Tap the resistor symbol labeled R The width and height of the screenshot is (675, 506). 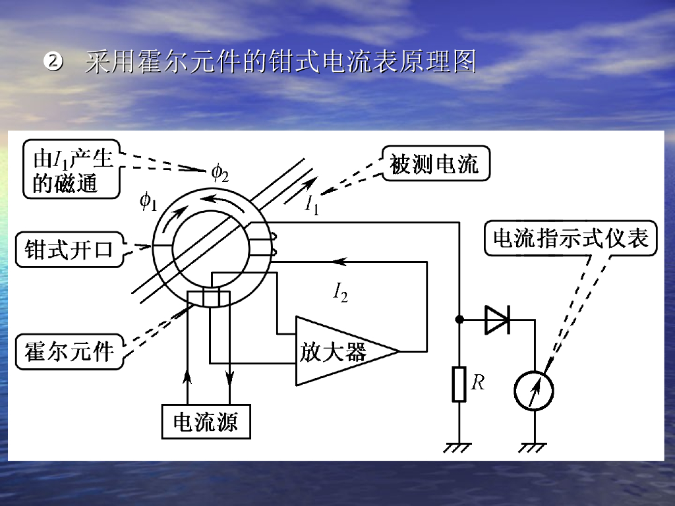[459, 385]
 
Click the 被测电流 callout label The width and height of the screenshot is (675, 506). [434, 164]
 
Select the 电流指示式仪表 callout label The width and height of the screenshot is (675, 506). [572, 238]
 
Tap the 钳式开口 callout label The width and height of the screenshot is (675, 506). [69, 250]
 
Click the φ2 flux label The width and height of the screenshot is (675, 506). [220, 173]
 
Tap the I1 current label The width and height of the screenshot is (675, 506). [312, 205]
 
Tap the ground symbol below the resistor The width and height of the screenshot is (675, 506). [459, 447]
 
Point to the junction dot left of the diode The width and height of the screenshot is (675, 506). [459, 320]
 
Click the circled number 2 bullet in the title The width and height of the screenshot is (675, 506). [52, 63]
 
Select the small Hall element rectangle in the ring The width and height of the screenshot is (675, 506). [213, 297]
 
